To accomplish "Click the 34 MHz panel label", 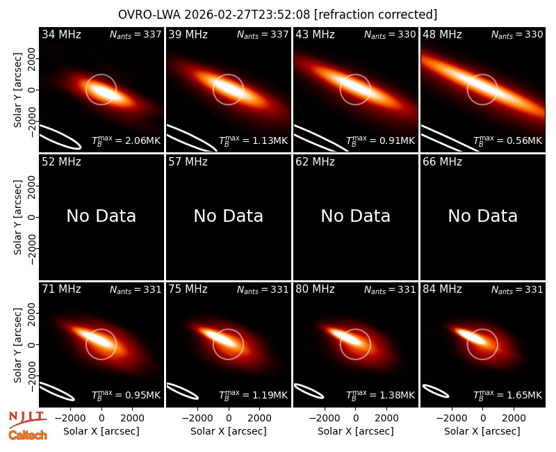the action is click(x=61, y=34).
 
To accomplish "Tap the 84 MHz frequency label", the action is click(x=442, y=289).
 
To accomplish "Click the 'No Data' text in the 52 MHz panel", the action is click(x=101, y=216).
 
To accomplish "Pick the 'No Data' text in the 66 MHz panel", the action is click(x=482, y=216).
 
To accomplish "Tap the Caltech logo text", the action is click(x=28, y=435).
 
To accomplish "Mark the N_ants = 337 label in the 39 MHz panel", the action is click(x=263, y=34).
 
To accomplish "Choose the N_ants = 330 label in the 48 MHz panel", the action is click(x=517, y=34).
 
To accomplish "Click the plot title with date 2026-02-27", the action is click(x=277, y=15).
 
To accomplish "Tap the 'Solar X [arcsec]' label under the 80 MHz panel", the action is click(x=355, y=431).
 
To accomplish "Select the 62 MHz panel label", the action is click(x=315, y=162).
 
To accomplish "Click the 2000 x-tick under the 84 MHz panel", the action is click(x=514, y=418).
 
